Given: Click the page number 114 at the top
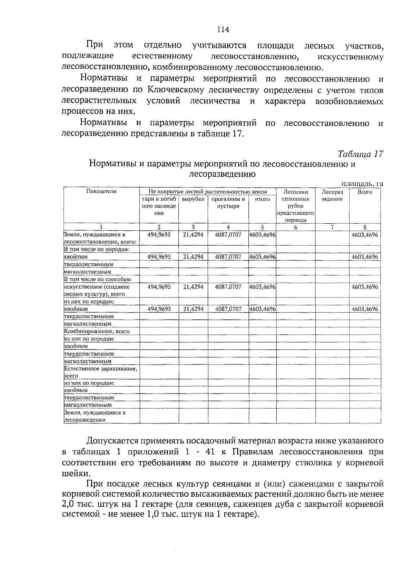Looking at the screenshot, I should pyautogui.click(x=223, y=30).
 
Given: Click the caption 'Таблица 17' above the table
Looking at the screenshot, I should pyautogui.click(x=360, y=154).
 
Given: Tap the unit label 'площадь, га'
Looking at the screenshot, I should pyautogui.click(x=362, y=184).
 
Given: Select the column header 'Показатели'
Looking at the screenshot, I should pyautogui.click(x=101, y=192).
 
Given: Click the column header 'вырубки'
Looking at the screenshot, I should pyautogui.click(x=193, y=199).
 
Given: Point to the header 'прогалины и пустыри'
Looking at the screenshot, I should pyautogui.click(x=228, y=203).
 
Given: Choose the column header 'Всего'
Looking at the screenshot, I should pyautogui.click(x=365, y=192).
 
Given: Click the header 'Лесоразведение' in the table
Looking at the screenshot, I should pyautogui.click(x=332, y=195).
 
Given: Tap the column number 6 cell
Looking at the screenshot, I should pyautogui.click(x=296, y=227).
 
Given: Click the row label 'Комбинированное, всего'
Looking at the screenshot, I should pyautogui.click(x=97, y=331).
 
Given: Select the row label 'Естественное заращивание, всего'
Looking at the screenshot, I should pyautogui.click(x=101, y=372).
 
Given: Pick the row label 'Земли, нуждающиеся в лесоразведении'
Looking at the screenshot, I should pyautogui.click(x=95, y=416).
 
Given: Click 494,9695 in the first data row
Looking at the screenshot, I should pyautogui.click(x=159, y=235).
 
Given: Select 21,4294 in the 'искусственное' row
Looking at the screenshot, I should pyautogui.click(x=193, y=287).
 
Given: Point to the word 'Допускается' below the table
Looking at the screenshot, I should pyautogui.click(x=111, y=441).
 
